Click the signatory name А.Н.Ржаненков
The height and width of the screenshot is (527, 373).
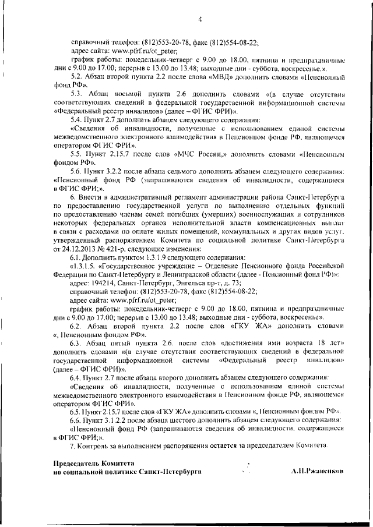click(318, 472)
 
